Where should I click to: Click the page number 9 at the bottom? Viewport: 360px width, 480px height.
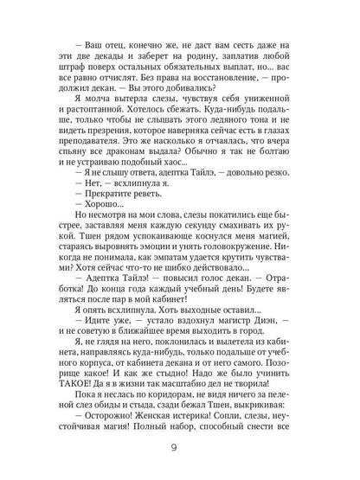pyautogui.click(x=180, y=448)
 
